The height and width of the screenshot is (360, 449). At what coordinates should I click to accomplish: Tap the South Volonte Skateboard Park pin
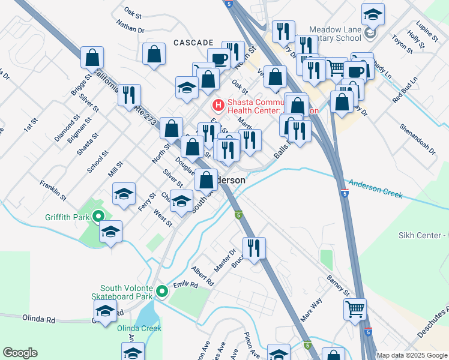pyautogui.click(x=161, y=292)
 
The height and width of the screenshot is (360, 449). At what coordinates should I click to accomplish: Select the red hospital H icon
pyautogui.click(x=218, y=106)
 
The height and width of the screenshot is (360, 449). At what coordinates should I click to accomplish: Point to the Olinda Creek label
pyautogui.click(x=139, y=328)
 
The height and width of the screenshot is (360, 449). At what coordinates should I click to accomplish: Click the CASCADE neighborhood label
pyautogui.click(x=193, y=43)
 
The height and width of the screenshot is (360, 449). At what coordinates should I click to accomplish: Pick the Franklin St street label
pyautogui.click(x=52, y=189)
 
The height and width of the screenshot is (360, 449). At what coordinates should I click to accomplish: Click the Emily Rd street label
pyautogui.click(x=185, y=286)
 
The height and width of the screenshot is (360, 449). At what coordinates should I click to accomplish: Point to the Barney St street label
pyautogui.click(x=338, y=284)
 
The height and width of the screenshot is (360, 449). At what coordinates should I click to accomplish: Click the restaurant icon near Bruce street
pyautogui.click(x=254, y=247)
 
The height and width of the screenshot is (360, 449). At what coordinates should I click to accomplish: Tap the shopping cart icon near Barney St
pyautogui.click(x=354, y=309)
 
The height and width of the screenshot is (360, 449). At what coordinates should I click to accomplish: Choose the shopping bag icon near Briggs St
pyautogui.click(x=93, y=58)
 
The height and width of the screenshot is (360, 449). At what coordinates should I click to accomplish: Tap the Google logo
pyautogui.click(x=20, y=353)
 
